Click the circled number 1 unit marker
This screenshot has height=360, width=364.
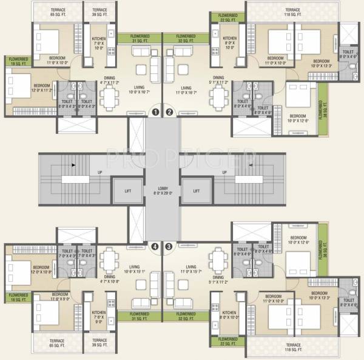(156, 112)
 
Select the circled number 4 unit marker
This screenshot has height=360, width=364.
(156, 247)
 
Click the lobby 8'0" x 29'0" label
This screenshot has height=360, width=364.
(163, 190)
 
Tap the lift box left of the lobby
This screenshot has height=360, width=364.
(128, 191)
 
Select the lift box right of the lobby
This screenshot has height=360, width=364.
(197, 191)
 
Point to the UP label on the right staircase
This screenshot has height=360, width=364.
(224, 173)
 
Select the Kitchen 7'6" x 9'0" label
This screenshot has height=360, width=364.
(99, 317)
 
